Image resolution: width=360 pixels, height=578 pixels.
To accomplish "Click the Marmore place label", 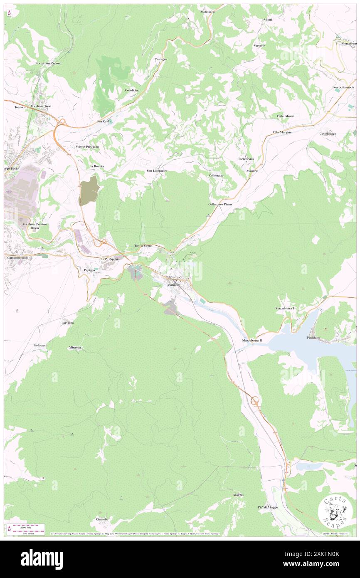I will (x=173, y=285).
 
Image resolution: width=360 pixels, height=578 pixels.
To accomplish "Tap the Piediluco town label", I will (x=316, y=337).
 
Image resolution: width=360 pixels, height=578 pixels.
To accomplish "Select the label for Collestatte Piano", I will (x=220, y=205).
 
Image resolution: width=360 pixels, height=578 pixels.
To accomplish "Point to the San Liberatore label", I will (x=157, y=170).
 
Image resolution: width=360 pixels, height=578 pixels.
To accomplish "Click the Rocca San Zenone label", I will (x=48, y=63).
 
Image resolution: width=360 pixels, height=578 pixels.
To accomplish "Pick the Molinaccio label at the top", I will (x=208, y=12).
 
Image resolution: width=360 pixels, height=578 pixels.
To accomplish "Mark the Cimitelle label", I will (x=102, y=519).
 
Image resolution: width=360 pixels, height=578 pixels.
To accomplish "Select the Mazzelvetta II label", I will (x=252, y=340).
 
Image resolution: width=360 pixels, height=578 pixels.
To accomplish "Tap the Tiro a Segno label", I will (x=143, y=246).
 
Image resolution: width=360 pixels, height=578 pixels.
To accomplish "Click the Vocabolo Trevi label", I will (x=44, y=106).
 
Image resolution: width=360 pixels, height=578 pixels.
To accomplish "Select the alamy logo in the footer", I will (x=42, y=559).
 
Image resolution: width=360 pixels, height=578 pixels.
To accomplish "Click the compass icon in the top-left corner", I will (x=10, y=13).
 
